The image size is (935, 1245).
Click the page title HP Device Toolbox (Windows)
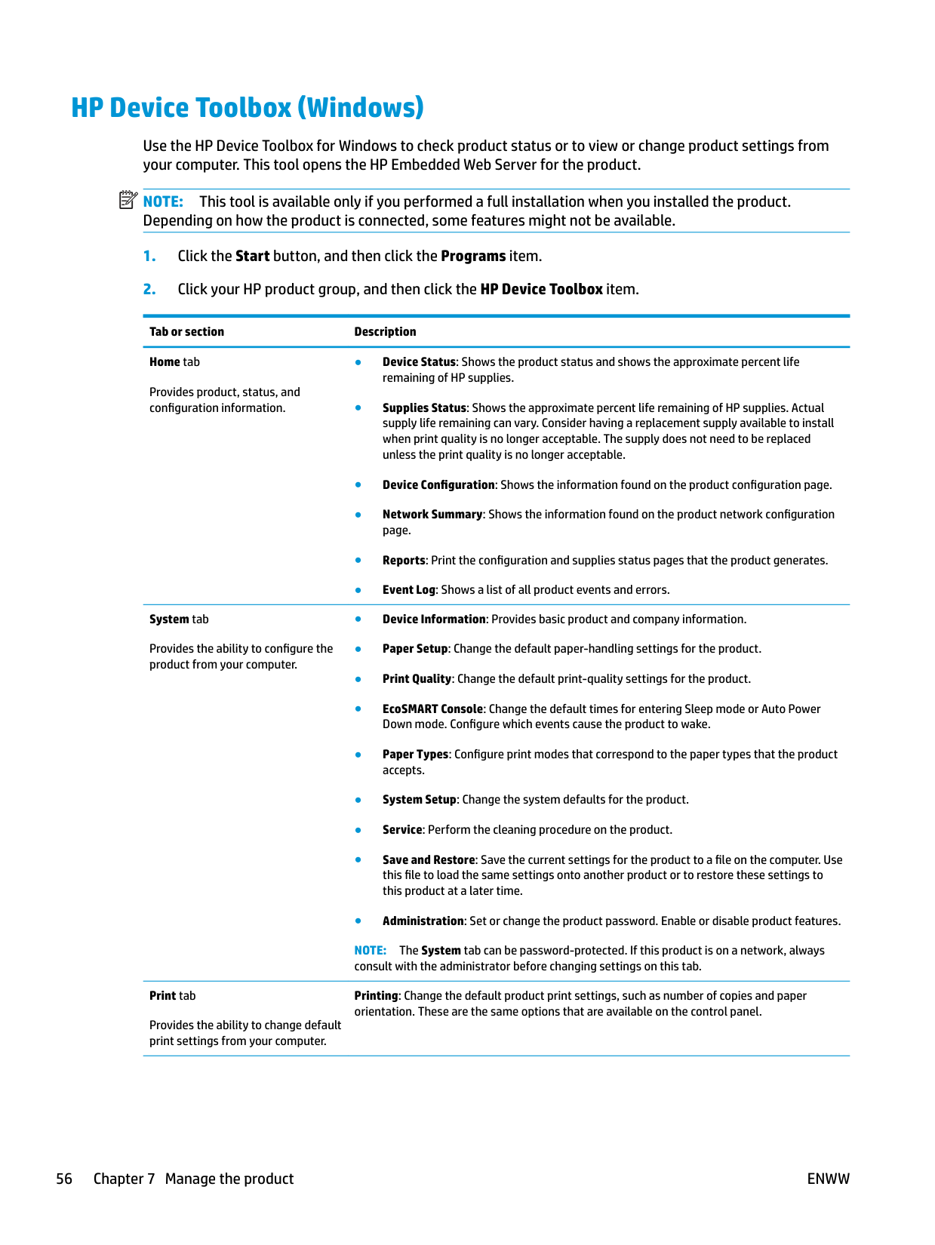(248, 108)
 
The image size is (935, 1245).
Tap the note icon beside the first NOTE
(128, 200)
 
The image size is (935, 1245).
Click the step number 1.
(149, 257)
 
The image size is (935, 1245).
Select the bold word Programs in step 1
(473, 257)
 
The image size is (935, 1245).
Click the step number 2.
(149, 290)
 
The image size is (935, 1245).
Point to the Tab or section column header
(186, 332)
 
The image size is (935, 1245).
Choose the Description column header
(385, 332)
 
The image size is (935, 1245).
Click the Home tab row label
(174, 362)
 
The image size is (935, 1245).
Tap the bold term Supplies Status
(424, 408)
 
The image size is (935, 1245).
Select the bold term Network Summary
(432, 515)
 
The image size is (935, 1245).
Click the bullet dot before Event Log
(358, 591)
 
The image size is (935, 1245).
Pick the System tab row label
(179, 619)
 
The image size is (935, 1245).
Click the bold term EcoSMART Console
(432, 709)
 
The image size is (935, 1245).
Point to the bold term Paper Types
(415, 755)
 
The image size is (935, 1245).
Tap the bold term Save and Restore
(429, 860)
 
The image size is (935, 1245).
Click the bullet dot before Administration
(358, 921)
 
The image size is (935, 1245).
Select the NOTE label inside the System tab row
(370, 951)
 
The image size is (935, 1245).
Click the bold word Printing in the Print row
(376, 996)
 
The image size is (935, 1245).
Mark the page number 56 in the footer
(64, 1179)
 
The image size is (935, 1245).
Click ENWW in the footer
(828, 1179)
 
